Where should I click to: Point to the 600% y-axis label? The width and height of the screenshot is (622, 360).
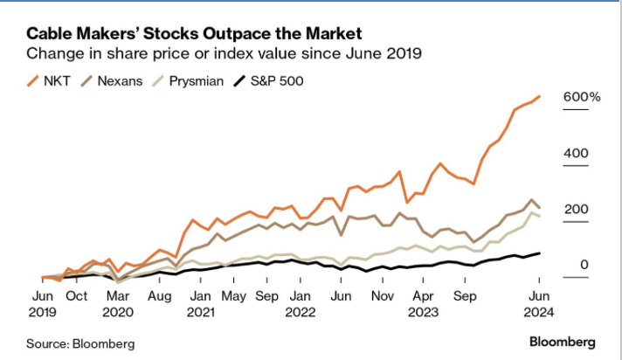click(x=582, y=97)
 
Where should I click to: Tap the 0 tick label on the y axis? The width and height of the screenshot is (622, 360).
click(x=584, y=266)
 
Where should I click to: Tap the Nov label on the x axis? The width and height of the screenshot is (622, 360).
click(x=384, y=295)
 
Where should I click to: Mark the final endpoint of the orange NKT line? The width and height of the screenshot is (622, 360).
click(x=539, y=96)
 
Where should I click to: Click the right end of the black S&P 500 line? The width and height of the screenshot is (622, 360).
click(x=539, y=253)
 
